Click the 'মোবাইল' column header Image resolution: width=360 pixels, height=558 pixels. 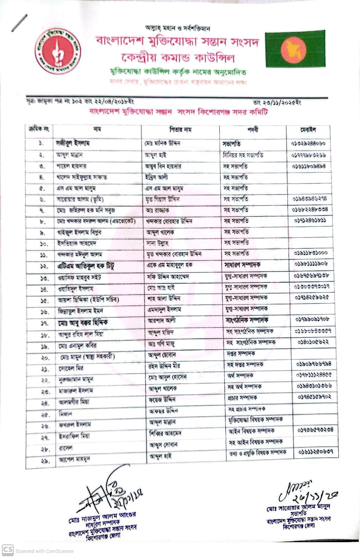click(308, 130)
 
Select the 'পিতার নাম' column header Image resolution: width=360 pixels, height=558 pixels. click(180, 130)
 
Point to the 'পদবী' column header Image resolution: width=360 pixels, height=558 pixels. click(253, 130)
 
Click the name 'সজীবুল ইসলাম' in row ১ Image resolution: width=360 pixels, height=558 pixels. click(73, 143)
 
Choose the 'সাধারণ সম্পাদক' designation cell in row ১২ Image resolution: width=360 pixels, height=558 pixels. click(242, 265)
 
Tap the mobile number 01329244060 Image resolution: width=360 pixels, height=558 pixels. click(308, 143)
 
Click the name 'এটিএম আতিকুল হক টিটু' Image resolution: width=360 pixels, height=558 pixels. click(86, 266)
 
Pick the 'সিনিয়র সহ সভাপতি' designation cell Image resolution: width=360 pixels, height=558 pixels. click(243, 155)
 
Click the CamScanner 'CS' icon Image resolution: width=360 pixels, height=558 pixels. click(8, 550)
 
